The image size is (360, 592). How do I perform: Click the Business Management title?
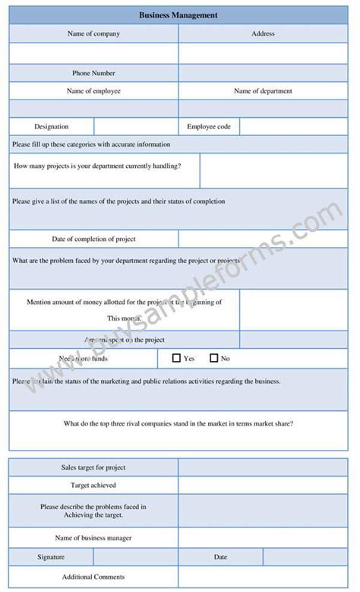178,14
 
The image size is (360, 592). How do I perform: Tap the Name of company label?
93,33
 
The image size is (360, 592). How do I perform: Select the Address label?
263,33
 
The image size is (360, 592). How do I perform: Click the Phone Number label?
93,73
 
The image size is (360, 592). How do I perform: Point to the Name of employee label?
93,91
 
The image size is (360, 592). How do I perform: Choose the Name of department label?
263,91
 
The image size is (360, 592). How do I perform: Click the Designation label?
51,127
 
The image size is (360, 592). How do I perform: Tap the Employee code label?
209,127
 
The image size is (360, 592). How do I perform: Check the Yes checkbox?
176,358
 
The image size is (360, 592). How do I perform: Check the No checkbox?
213,358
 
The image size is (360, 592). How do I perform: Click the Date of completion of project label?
93,239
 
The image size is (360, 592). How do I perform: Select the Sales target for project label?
93,467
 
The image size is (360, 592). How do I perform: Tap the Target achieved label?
93,485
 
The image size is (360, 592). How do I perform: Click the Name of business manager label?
93,538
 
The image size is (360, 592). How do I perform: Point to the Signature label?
51,557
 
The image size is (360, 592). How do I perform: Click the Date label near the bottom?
220,557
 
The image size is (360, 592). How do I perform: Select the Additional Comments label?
93,577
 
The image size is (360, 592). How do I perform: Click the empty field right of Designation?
136,127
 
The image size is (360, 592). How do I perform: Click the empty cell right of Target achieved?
263,485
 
